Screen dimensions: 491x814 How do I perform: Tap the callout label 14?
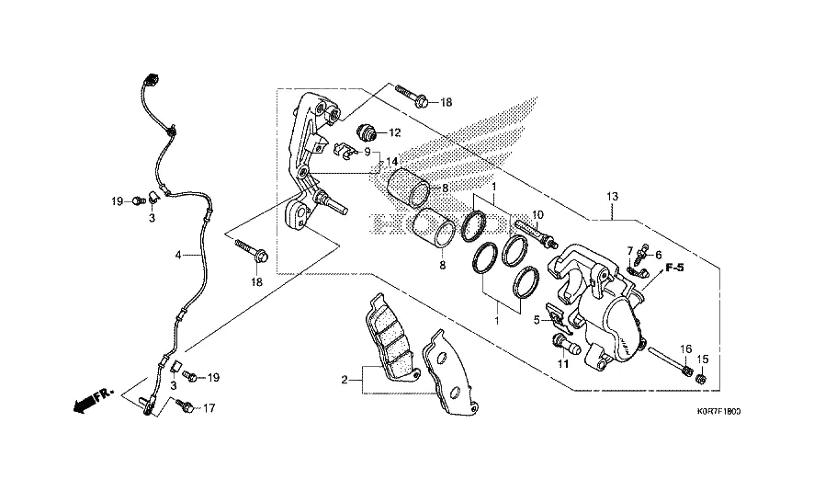click(x=391, y=162)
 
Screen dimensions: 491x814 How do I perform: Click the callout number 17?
click(x=209, y=408)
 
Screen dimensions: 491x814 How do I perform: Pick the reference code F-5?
click(x=675, y=268)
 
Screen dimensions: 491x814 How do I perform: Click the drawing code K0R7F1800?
click(x=713, y=412)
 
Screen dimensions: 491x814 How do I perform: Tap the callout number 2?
click(x=345, y=380)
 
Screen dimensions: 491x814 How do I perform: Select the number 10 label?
click(x=538, y=215)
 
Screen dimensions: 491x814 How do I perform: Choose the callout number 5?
click(x=537, y=320)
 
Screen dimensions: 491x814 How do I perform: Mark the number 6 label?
click(x=658, y=255)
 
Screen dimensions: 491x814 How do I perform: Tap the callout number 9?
click(x=367, y=152)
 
